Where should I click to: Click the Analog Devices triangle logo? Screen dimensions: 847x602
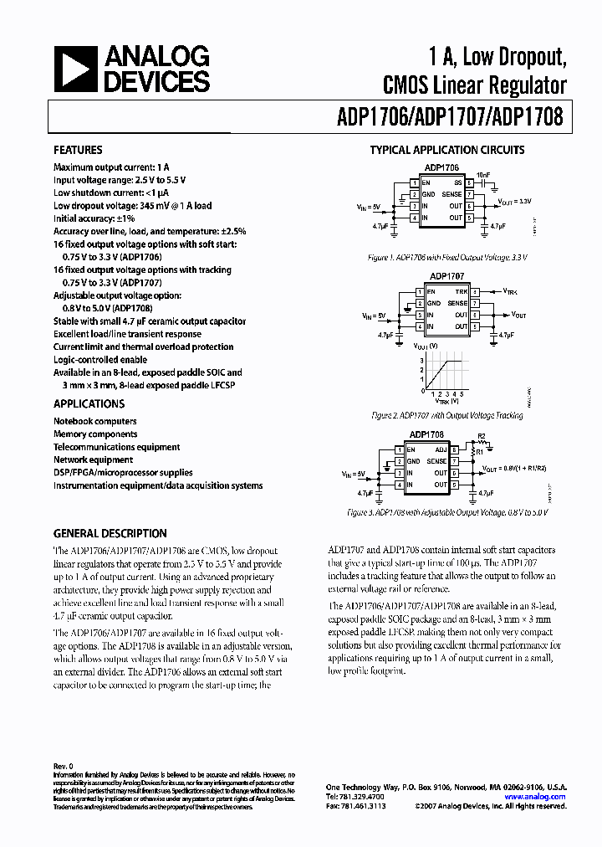78,69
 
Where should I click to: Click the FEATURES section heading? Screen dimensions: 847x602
78,151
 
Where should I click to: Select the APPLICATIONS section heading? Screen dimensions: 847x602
89,403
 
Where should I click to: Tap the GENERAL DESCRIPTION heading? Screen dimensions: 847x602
110,533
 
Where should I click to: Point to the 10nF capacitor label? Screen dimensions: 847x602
483,177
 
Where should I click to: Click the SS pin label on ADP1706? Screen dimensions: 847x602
457,182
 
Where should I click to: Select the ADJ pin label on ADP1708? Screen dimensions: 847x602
441,449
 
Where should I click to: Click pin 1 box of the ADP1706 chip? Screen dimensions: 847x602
416,182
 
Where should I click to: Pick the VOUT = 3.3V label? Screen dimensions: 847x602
514,201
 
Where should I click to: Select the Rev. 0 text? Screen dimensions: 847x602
64,766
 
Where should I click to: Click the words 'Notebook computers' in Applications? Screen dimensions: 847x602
95,421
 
